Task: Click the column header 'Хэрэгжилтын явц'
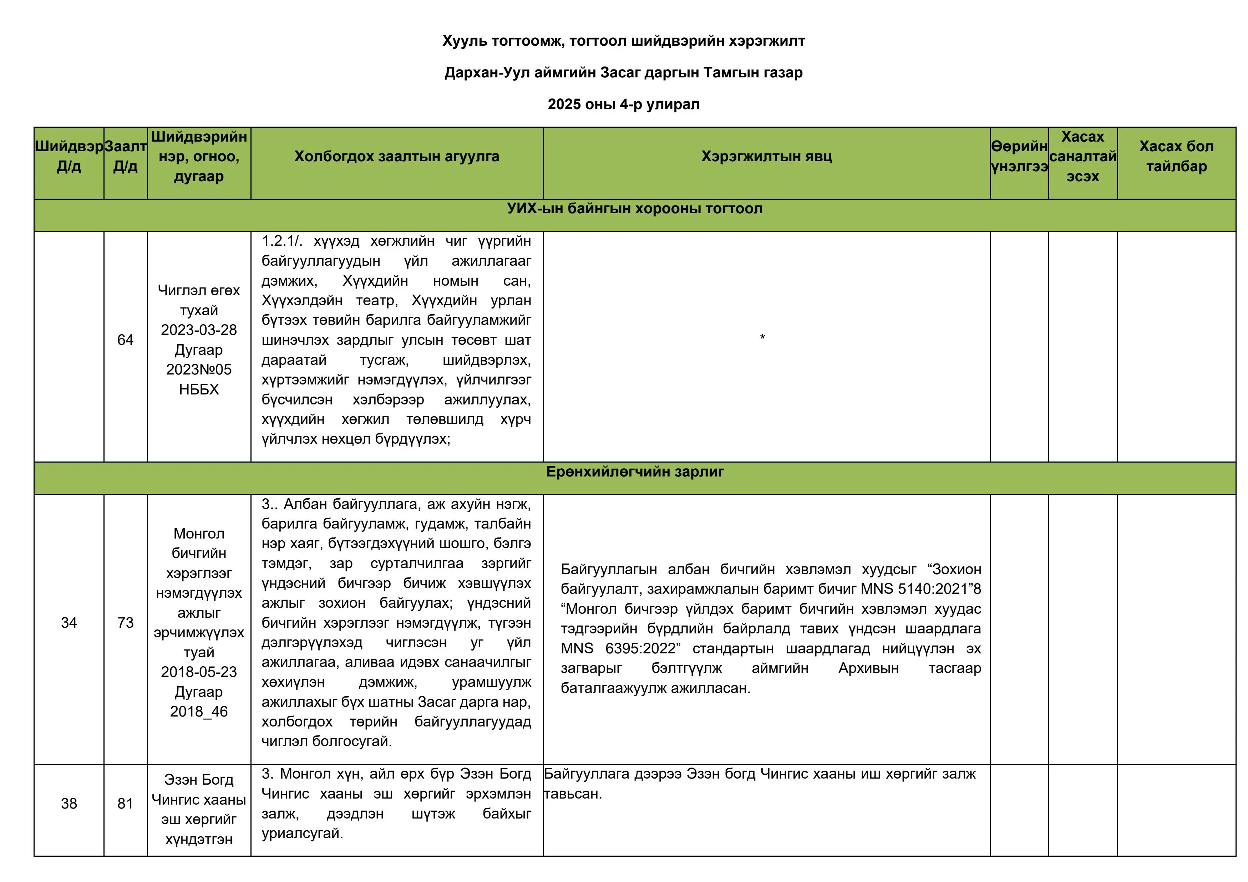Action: point(766,157)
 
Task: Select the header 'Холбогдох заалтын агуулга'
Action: point(396,157)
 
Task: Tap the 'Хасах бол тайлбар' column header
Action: point(1176,157)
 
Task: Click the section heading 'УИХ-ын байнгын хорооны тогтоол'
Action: point(634,209)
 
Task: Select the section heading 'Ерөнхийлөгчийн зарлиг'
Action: point(634,472)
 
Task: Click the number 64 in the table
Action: point(125,340)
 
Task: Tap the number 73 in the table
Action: point(125,623)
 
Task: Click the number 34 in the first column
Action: point(69,623)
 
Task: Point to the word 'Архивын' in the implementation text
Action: point(868,668)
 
